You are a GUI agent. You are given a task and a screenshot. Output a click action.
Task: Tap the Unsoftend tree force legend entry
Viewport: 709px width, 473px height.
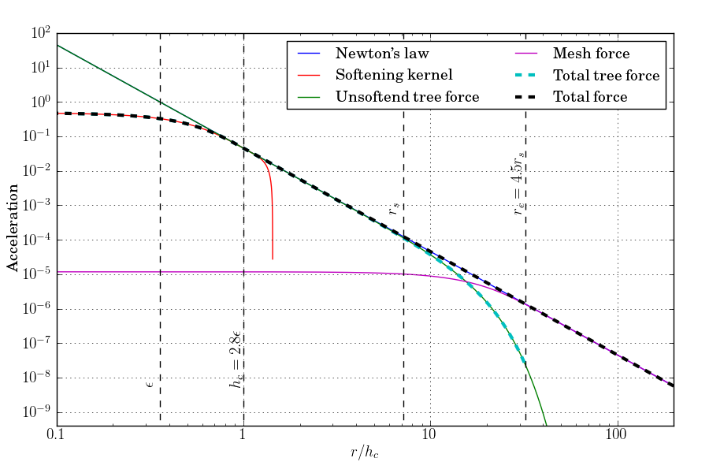407,97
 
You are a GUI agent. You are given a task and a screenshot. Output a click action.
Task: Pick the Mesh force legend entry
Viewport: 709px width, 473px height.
591,54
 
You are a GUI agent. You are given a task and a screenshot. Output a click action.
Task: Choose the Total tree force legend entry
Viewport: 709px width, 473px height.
606,76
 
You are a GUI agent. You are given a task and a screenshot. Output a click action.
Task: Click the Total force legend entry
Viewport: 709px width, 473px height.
590,97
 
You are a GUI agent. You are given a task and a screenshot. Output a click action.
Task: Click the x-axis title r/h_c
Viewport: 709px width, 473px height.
364,453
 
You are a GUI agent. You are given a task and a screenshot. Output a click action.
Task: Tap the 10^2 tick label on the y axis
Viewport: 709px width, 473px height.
39,33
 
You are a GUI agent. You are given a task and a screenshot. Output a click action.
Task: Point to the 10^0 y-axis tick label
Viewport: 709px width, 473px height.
39,102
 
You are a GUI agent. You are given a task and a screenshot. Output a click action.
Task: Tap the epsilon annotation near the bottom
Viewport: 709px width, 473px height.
149,383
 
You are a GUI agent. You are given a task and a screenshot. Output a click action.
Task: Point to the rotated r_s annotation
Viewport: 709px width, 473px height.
394,210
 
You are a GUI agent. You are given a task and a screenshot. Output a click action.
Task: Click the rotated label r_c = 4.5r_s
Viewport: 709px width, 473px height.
518,184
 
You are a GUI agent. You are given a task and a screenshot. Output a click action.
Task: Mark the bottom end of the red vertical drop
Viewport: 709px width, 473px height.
273,259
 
